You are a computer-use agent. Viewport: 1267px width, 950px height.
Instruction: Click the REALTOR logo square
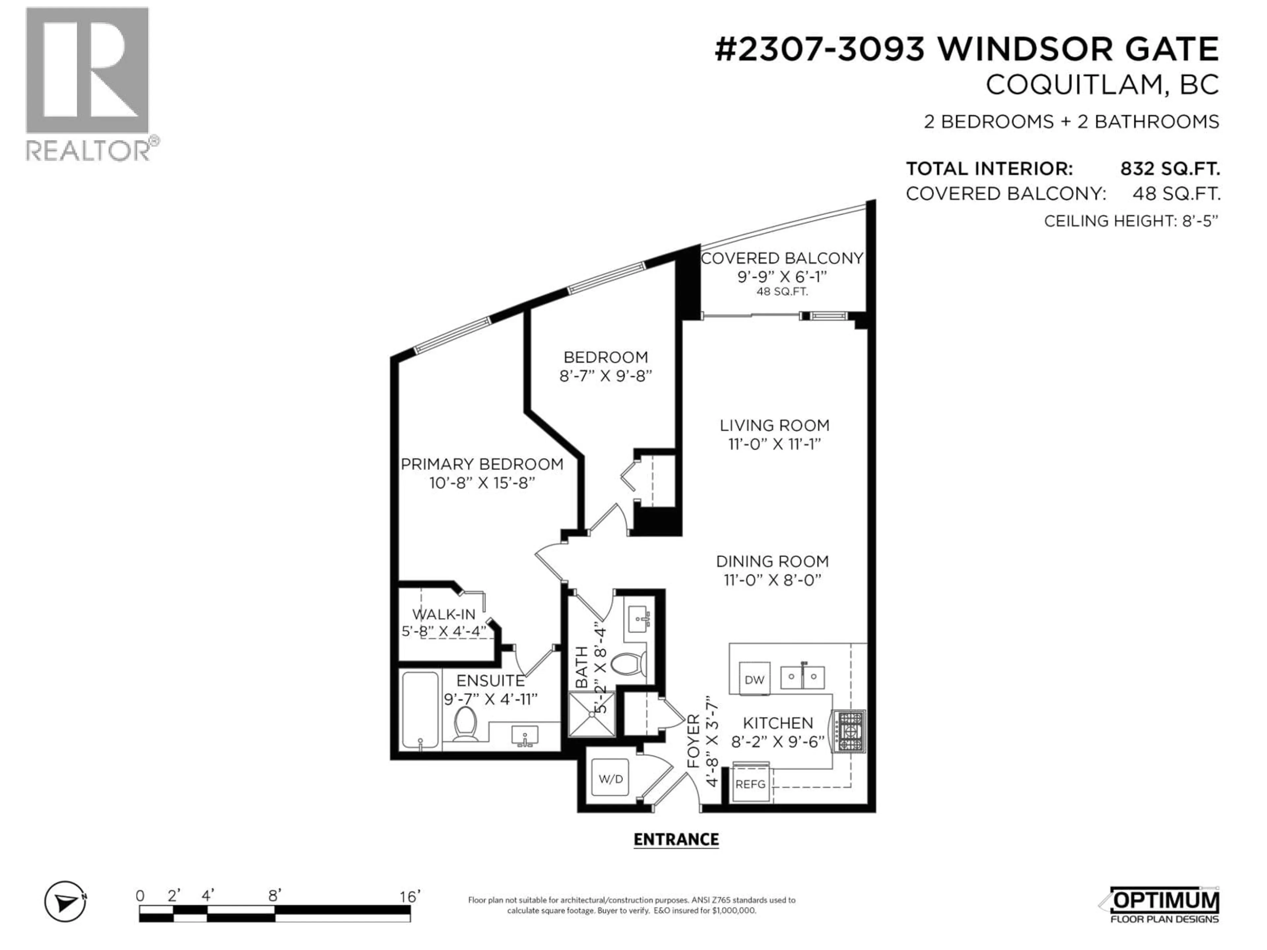pos(87,71)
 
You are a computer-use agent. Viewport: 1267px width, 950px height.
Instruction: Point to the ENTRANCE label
pos(676,839)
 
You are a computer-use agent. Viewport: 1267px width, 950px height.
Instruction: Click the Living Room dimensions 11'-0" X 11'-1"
pos(774,444)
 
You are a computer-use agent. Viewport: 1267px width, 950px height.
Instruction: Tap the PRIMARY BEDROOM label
pos(482,464)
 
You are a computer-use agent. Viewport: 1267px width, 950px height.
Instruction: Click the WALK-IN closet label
pos(444,615)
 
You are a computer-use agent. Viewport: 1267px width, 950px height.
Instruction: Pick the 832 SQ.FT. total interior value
pos(1170,169)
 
